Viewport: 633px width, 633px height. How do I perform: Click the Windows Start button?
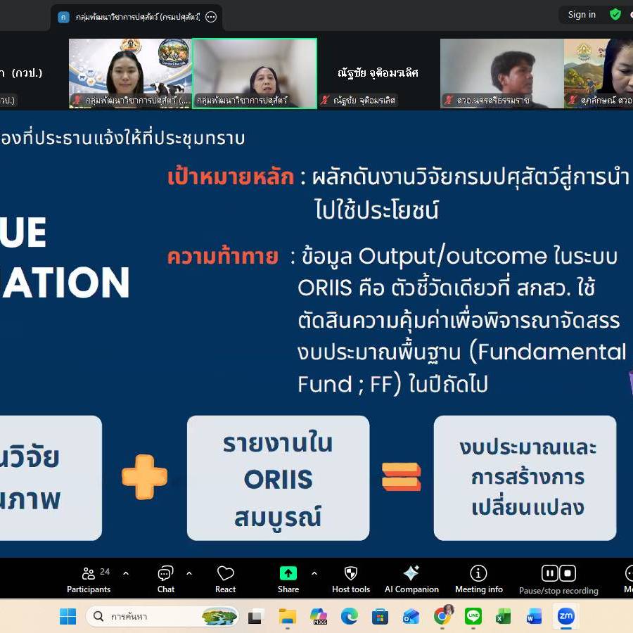tap(68, 617)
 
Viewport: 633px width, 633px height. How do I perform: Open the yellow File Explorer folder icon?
tap(288, 617)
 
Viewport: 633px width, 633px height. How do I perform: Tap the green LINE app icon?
tap(473, 617)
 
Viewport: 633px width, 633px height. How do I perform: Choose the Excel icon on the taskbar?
tap(503, 617)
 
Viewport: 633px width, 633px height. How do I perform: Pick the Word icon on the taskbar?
tap(534, 617)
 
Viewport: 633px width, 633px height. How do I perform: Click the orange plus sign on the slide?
tap(145, 477)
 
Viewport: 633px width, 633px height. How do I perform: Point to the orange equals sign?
tap(401, 477)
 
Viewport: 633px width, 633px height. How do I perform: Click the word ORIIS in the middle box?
tap(278, 479)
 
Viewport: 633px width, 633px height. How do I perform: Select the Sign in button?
tap(582, 15)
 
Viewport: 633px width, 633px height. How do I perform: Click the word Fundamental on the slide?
tap(556, 351)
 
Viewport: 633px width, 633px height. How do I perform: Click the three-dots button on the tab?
tap(211, 17)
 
